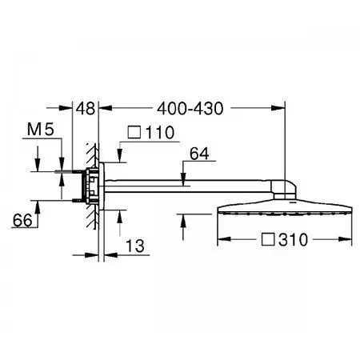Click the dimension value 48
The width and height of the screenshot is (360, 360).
click(86, 109)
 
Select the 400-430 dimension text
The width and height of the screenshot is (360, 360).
click(190, 109)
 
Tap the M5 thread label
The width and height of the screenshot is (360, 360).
click(41, 130)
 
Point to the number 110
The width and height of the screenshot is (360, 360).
click(160, 133)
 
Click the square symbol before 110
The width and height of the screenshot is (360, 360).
click(134, 132)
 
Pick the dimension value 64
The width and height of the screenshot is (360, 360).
click(199, 154)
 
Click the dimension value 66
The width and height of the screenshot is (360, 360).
click(22, 220)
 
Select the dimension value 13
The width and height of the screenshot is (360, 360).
click(135, 246)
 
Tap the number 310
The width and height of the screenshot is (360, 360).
click(293, 239)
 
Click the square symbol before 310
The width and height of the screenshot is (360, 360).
click(268, 239)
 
